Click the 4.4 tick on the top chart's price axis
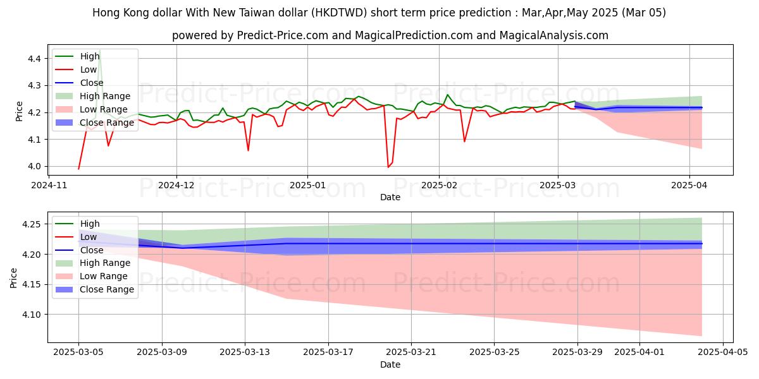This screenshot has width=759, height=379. click(x=34, y=59)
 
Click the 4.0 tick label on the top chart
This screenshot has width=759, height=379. click(x=34, y=167)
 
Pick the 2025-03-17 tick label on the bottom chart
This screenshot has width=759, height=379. click(x=328, y=352)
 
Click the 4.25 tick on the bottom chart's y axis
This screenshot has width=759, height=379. click(x=30, y=224)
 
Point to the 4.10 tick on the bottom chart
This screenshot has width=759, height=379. click(x=30, y=315)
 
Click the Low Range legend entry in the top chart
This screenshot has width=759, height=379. click(x=105, y=109)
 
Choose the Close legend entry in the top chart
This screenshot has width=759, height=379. click(x=92, y=83)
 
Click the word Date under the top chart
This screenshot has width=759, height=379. click(x=390, y=197)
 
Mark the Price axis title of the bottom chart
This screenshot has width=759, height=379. click(x=14, y=277)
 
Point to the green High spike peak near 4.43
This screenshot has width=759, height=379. click(x=99, y=50)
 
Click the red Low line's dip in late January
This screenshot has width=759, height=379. click(x=388, y=167)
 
